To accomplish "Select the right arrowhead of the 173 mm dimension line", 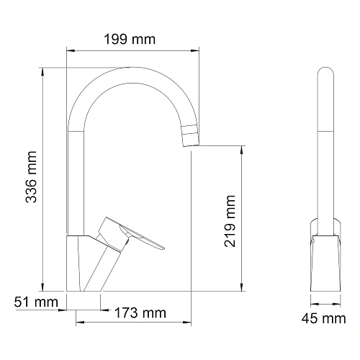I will (194, 312).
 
